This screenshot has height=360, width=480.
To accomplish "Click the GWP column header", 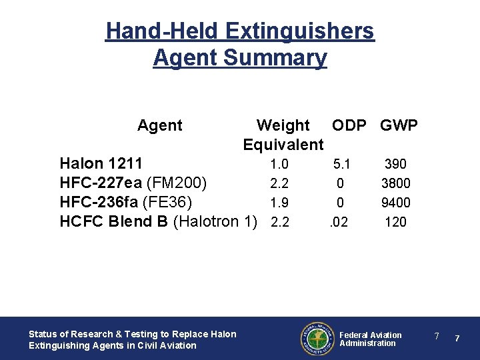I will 399,125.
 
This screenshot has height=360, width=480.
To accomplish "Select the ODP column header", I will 353,125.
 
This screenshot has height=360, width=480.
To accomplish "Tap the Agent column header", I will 159,125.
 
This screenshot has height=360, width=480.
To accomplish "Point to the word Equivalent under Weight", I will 283,145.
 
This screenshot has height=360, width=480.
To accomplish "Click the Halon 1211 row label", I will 100,163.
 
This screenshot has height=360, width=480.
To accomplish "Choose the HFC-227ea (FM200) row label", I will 133,183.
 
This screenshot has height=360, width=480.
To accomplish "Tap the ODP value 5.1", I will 341,164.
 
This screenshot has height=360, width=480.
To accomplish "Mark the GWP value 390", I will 395,164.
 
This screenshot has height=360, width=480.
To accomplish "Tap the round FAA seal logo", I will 317,339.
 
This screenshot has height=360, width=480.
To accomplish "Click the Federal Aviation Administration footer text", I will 371,339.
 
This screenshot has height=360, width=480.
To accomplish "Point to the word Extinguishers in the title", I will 300,31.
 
